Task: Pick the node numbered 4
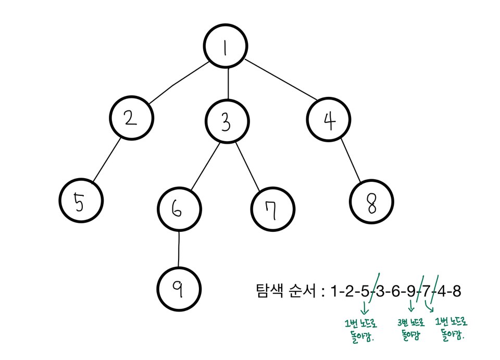tap(328, 119)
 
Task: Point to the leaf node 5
tap(80, 202)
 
